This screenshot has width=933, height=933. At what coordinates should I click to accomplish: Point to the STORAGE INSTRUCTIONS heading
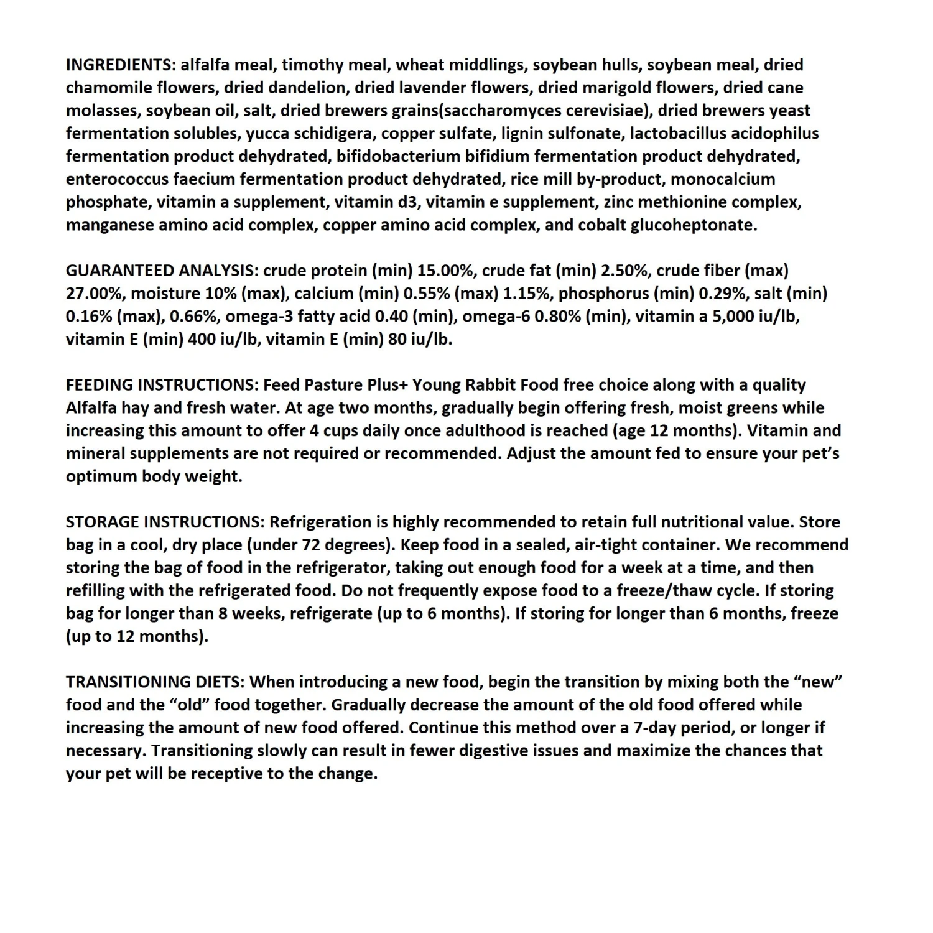coord(165,522)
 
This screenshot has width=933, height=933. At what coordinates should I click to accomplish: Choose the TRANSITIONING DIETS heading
coord(155,682)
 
